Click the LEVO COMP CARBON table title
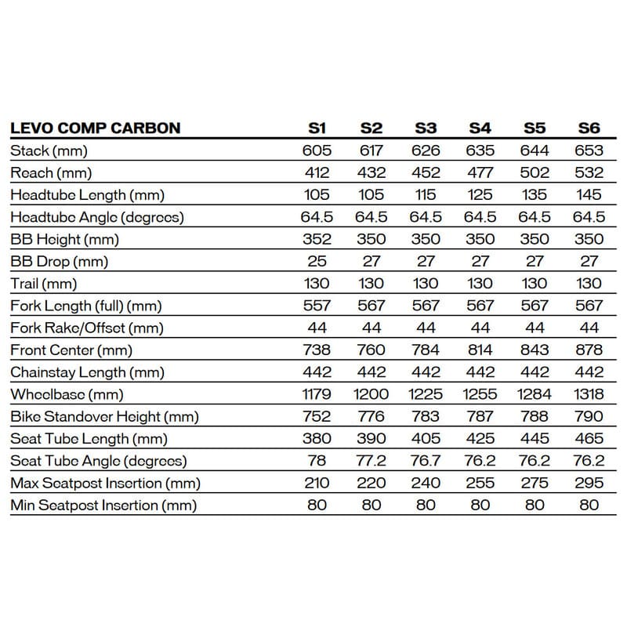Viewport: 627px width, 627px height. point(95,128)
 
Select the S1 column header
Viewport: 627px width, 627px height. point(317,128)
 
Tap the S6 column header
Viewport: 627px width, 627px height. point(589,128)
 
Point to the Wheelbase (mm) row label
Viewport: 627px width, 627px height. point(67,394)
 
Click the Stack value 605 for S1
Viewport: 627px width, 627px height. point(317,150)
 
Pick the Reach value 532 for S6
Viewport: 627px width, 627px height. point(589,172)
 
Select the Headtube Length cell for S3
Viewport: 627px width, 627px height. point(426,195)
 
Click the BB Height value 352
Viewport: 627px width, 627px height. point(317,239)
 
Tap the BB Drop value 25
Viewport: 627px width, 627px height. point(317,261)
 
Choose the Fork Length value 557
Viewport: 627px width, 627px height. point(317,306)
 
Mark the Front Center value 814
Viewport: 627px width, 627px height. point(480,350)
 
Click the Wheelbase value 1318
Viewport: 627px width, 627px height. point(589,394)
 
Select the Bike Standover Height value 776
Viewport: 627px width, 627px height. point(371,416)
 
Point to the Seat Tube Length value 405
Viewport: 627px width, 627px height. point(426,439)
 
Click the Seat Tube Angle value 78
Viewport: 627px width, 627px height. point(317,461)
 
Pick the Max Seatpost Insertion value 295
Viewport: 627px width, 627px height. point(589,483)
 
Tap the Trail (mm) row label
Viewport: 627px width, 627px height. point(45,284)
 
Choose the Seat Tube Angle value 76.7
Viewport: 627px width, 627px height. point(426,461)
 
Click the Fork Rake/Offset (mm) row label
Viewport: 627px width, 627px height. point(87,328)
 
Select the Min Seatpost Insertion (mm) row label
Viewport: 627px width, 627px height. point(103,506)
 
